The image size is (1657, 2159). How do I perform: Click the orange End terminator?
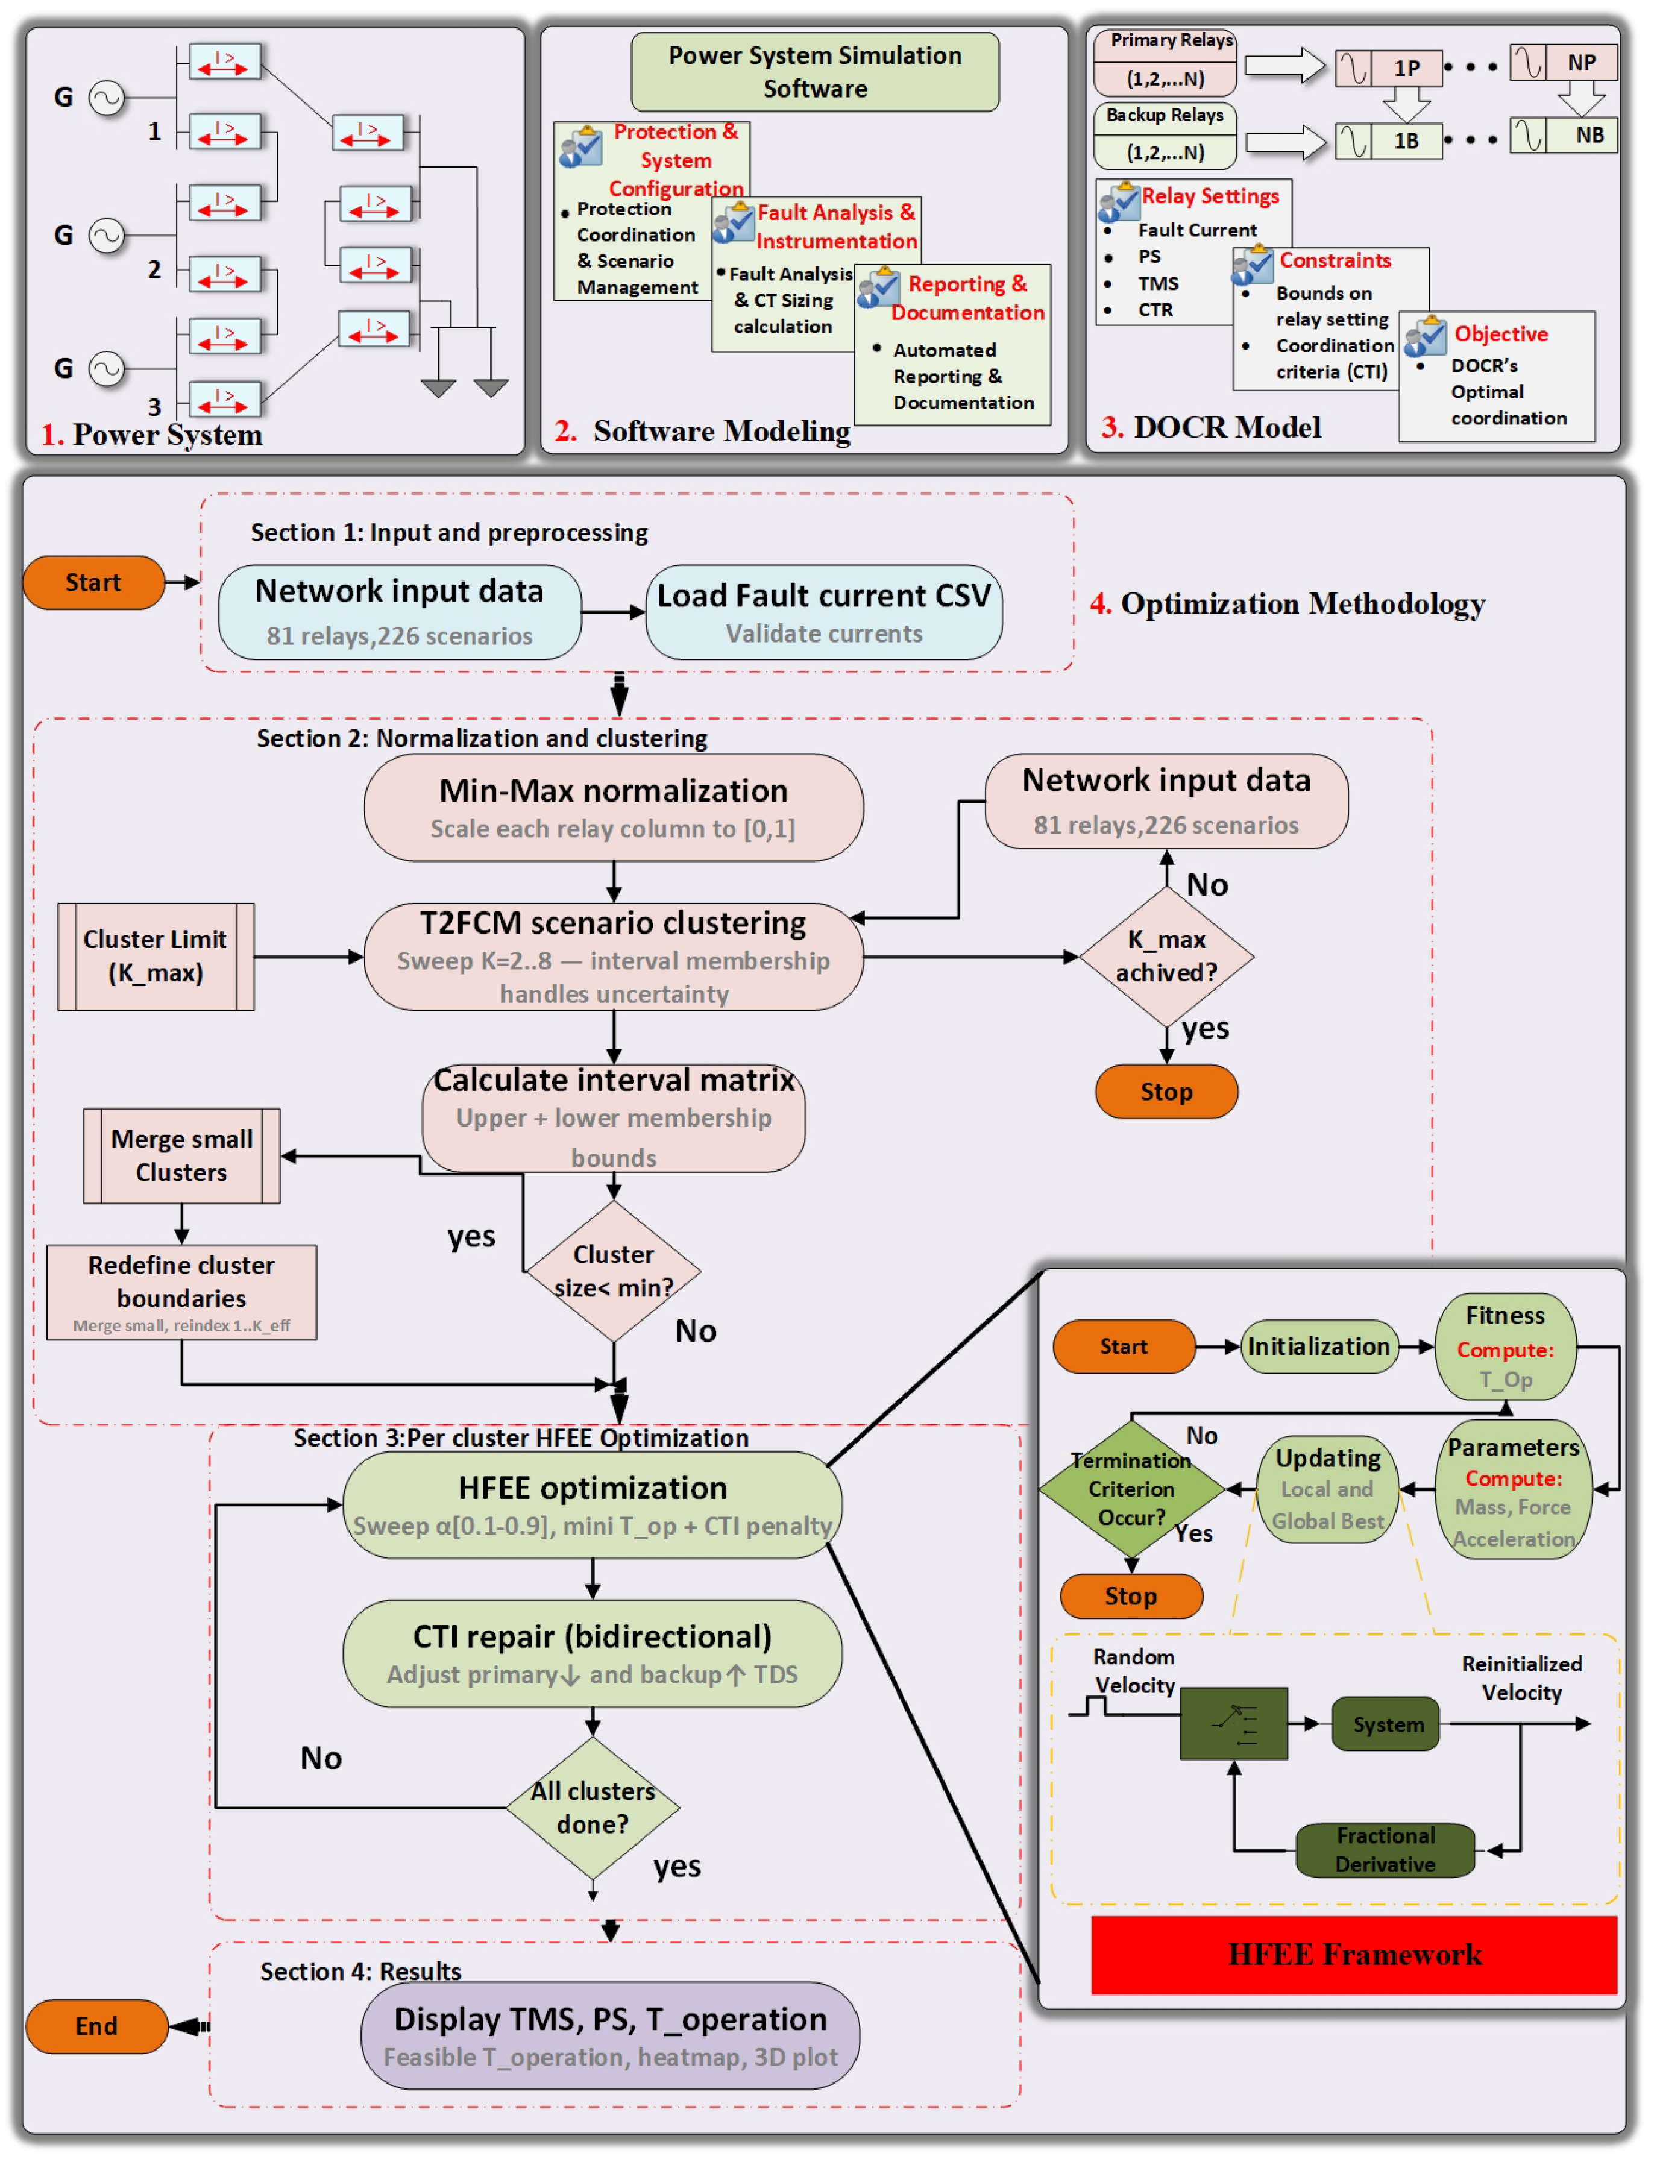click(x=96, y=2026)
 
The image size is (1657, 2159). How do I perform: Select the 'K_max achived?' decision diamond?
click(x=1167, y=957)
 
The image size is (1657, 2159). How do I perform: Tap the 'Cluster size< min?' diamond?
click(x=614, y=1271)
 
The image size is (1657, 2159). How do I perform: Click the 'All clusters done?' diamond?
click(x=593, y=1808)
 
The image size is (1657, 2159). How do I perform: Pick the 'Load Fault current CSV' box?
click(x=825, y=612)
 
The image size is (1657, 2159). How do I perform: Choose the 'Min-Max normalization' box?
click(x=614, y=808)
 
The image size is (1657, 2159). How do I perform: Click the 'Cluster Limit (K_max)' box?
click(x=156, y=957)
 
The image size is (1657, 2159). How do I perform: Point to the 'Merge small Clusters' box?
click(x=181, y=1156)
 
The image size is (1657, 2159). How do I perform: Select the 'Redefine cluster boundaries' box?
click(x=181, y=1292)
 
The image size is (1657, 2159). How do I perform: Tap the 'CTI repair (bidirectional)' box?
click(x=593, y=1653)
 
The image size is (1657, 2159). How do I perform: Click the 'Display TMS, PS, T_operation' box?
click(x=611, y=2035)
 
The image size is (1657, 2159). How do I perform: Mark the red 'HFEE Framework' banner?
click(x=1354, y=1955)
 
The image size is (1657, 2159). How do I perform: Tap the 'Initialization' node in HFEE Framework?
click(x=1319, y=1347)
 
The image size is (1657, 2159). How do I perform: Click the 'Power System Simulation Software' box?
click(x=815, y=72)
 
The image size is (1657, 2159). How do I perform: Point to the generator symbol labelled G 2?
click(x=107, y=234)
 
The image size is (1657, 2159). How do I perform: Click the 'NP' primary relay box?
click(x=1564, y=62)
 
